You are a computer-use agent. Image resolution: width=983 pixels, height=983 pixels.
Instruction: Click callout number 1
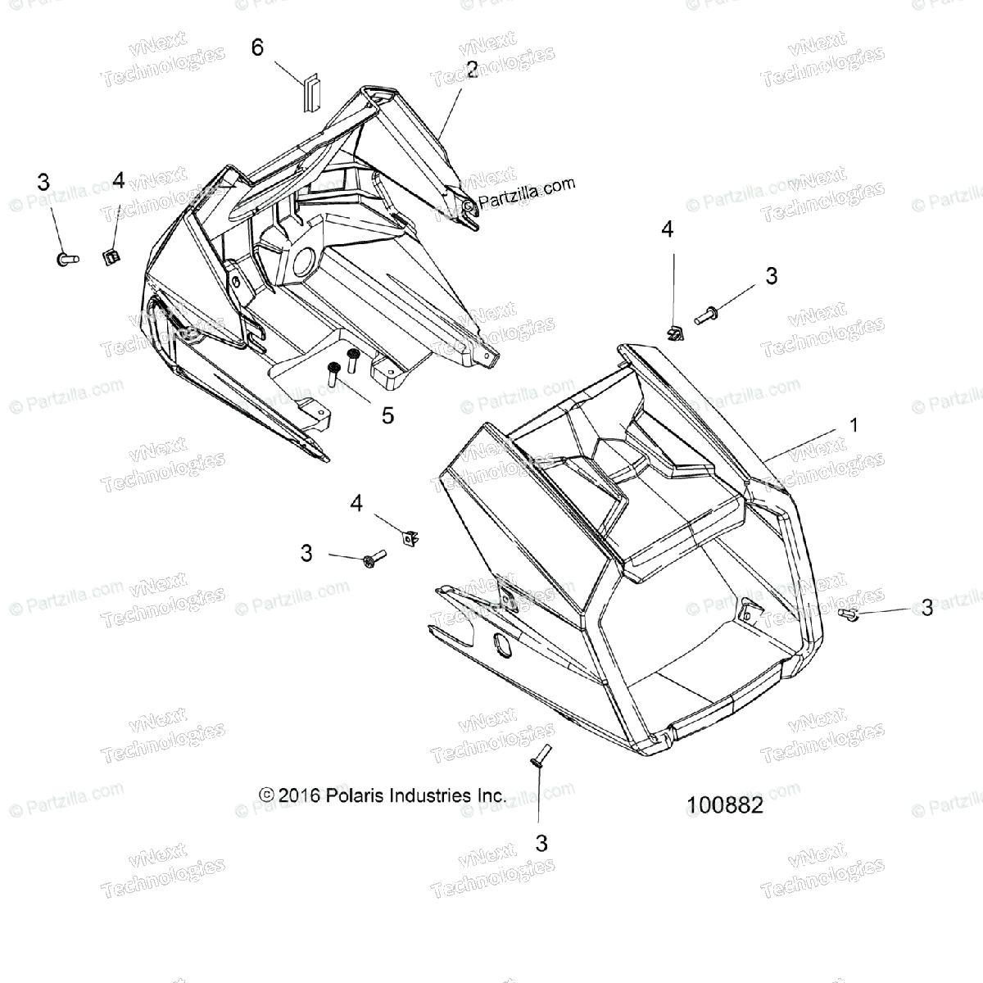[x=854, y=425]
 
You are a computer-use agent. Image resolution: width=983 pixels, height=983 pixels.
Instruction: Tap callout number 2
[x=471, y=70]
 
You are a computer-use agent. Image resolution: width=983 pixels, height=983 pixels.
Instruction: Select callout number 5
[x=387, y=415]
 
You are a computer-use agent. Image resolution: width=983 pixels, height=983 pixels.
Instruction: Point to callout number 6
[x=257, y=48]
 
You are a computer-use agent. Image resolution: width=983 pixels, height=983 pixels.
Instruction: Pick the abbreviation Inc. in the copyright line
[x=488, y=795]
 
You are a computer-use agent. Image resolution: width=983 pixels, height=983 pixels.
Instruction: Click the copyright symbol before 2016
[x=265, y=795]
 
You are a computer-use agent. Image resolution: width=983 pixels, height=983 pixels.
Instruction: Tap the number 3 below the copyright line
[x=541, y=842]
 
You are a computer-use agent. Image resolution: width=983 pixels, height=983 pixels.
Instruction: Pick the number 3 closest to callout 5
[x=306, y=554]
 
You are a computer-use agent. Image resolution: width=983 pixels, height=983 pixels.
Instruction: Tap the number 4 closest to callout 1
[x=667, y=230]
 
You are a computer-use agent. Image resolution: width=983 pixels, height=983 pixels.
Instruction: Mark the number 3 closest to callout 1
[x=926, y=607]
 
